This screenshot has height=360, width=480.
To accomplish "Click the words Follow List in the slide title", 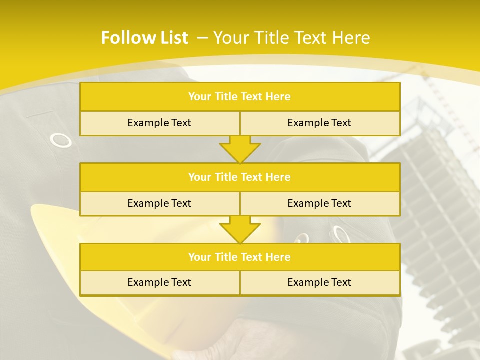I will pyautogui.click(x=144, y=38).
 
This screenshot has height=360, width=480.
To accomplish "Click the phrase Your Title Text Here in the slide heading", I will pyautogui.click(x=292, y=38).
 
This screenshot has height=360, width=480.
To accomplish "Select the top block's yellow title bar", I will pyautogui.click(x=239, y=97).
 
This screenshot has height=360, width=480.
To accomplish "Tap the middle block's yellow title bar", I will pyautogui.click(x=239, y=177).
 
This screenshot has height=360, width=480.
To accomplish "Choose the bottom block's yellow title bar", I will pyautogui.click(x=239, y=257).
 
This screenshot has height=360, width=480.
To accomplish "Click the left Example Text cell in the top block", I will pyautogui.click(x=159, y=123).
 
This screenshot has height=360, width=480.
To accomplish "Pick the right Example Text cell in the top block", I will pyautogui.click(x=319, y=123).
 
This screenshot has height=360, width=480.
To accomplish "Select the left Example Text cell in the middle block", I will pyautogui.click(x=159, y=203).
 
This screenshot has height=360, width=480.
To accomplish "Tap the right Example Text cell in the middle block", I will pyautogui.click(x=319, y=203).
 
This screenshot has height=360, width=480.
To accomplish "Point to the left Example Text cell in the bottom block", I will pyautogui.click(x=159, y=282).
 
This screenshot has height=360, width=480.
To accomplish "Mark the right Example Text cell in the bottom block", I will pyautogui.click(x=319, y=282).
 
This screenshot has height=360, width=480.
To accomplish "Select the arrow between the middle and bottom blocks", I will pyautogui.click(x=240, y=229).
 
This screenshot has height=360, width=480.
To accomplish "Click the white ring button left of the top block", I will pyautogui.click(x=61, y=141).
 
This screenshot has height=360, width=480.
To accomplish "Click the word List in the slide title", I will pyautogui.click(x=172, y=38).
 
